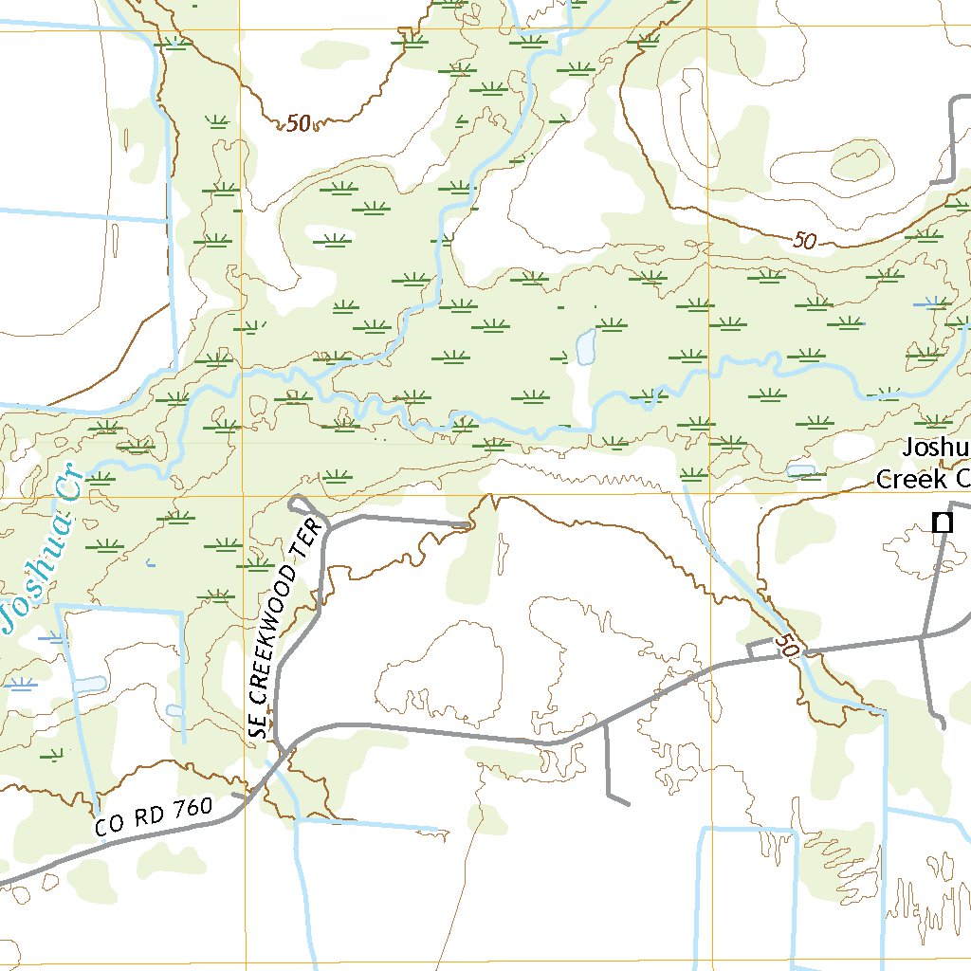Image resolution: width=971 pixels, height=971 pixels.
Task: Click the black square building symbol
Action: [942, 522]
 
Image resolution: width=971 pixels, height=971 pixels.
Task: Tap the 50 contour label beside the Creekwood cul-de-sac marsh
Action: [298, 123]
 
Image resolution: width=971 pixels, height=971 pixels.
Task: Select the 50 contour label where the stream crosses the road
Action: [786, 647]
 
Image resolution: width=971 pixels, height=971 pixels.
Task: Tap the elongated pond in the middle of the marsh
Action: [584, 347]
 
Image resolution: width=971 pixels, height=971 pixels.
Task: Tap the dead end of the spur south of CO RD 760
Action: [627, 804]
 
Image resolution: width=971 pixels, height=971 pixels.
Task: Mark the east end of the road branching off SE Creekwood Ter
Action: [468, 523]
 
